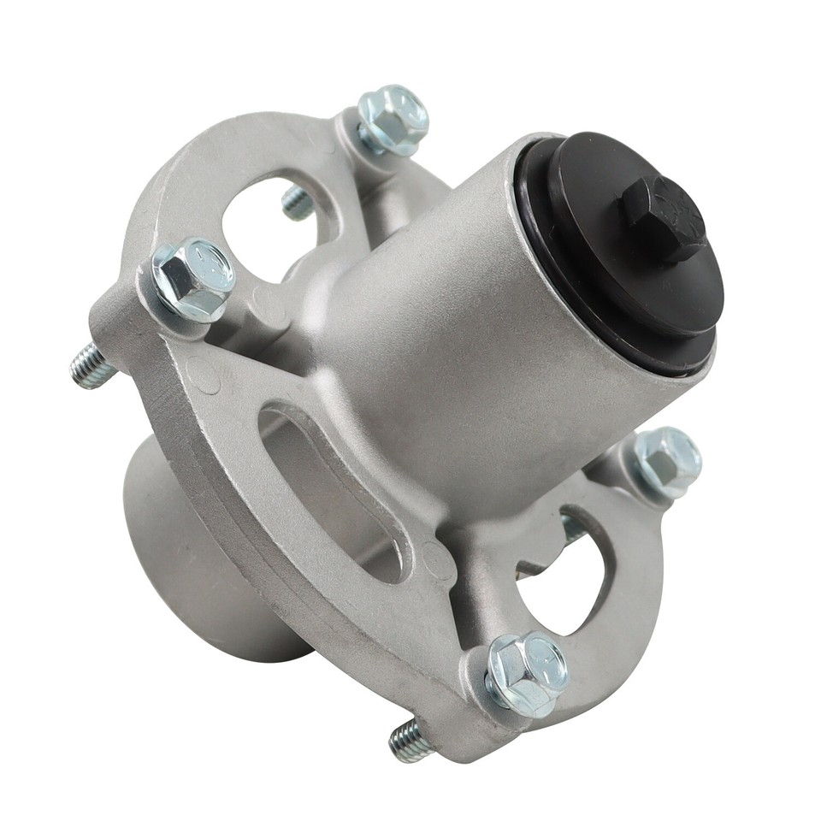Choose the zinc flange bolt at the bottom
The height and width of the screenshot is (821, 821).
coord(527,672)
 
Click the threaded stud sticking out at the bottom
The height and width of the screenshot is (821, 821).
coord(409,739)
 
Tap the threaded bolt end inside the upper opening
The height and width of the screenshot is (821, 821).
coord(297,203)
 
